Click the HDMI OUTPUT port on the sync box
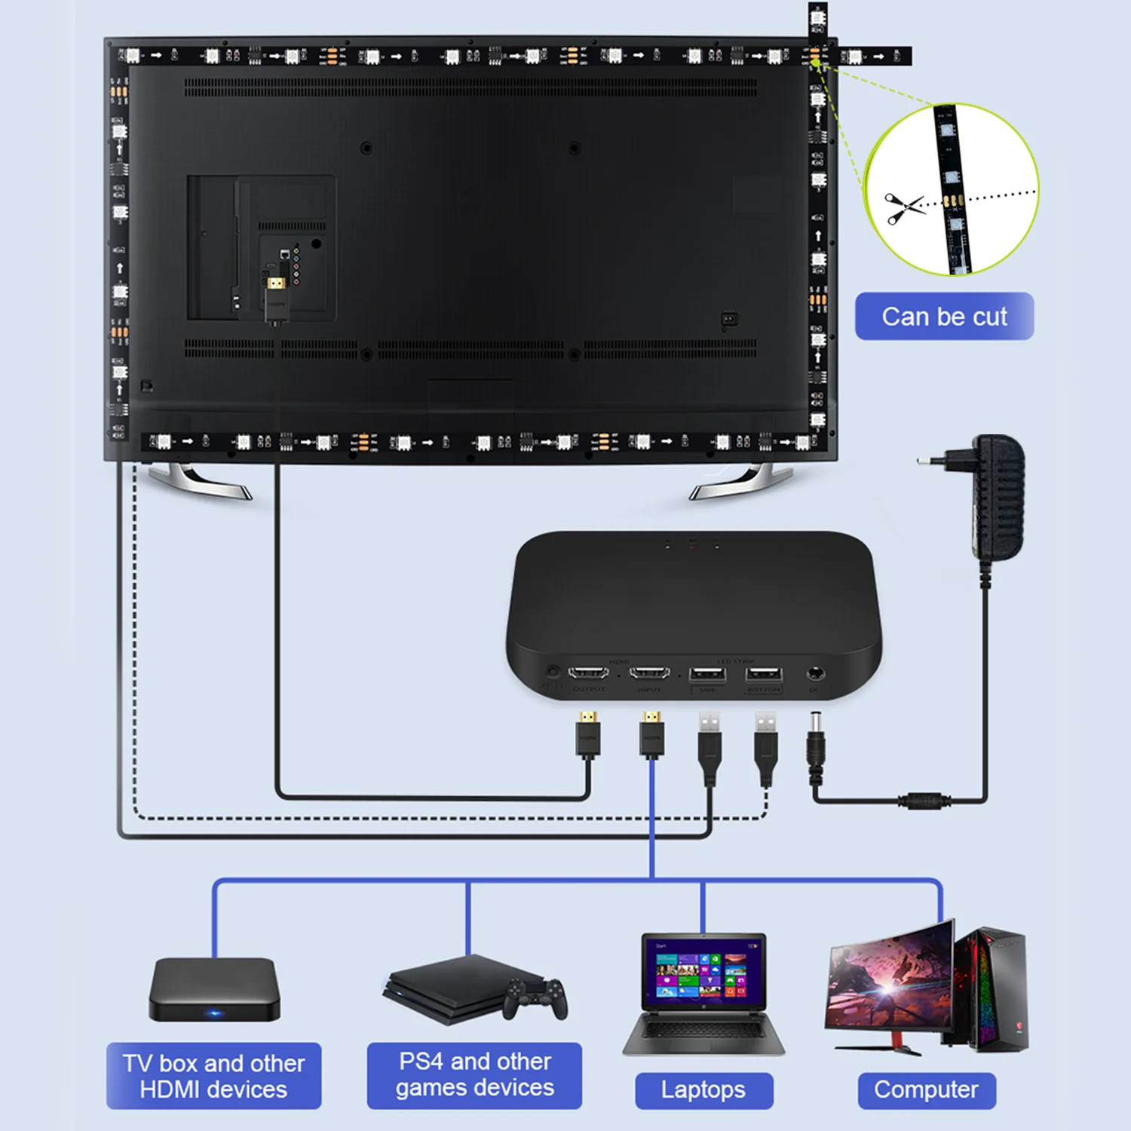(588, 673)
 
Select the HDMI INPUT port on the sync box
(649, 673)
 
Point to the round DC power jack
(815, 673)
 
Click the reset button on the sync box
(553, 671)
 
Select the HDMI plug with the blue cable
(652, 734)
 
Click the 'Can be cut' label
(944, 317)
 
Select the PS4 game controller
(536, 998)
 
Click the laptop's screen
(703, 973)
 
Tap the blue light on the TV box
(215, 1013)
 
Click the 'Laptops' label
(703, 1090)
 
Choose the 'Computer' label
(926, 1090)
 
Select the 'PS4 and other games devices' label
(474, 1075)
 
